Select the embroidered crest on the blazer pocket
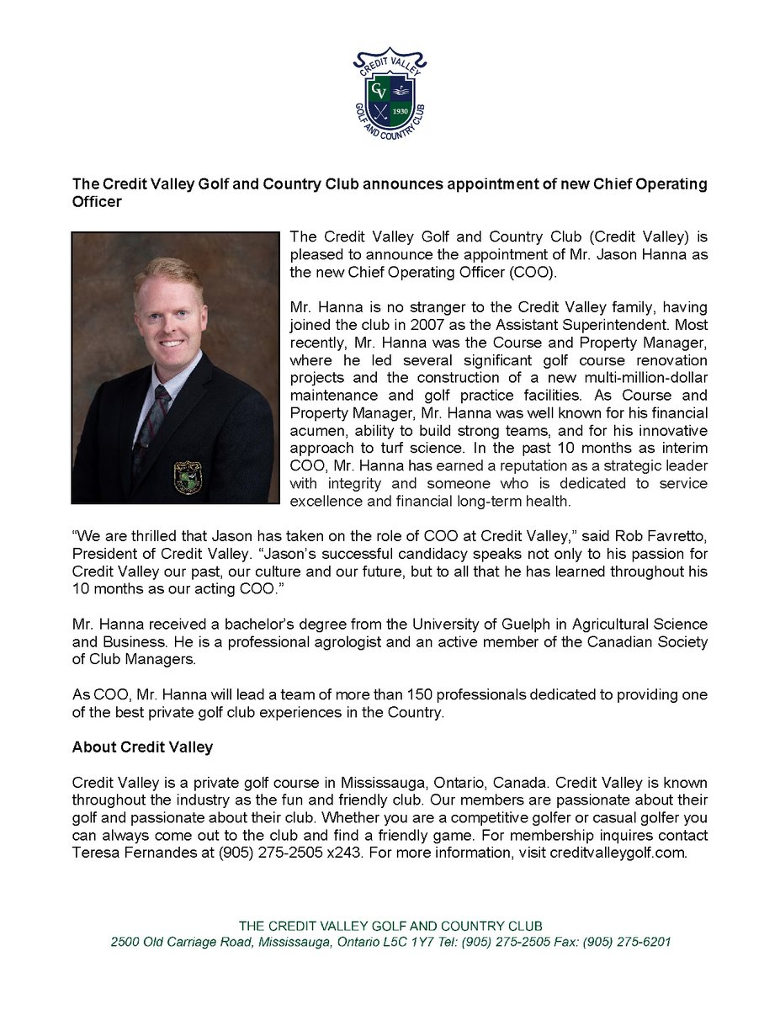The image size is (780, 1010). point(188,476)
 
